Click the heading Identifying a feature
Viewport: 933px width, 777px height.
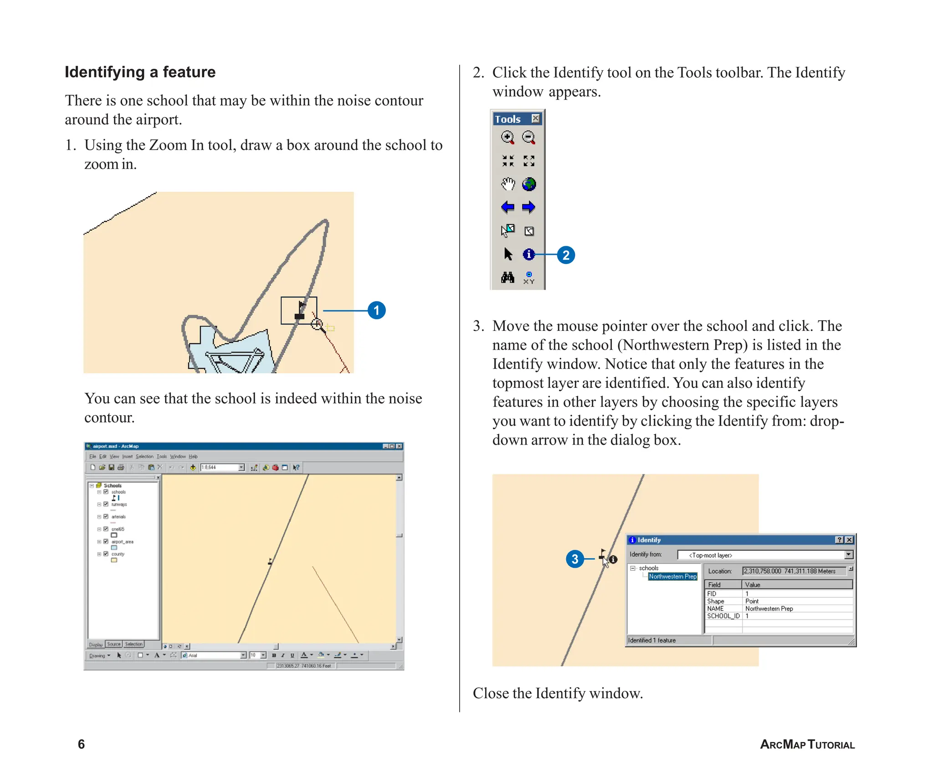click(140, 72)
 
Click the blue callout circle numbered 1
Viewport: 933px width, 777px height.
click(376, 310)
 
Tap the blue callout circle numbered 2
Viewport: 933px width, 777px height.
click(566, 255)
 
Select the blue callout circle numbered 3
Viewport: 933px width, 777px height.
click(575, 559)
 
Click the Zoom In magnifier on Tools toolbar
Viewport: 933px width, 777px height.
click(508, 137)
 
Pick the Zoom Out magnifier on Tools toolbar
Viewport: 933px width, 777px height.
click(528, 137)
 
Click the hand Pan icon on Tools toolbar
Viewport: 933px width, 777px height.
click(508, 184)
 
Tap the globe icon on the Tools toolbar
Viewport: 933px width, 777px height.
click(529, 184)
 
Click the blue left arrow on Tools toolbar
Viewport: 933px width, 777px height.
click(508, 208)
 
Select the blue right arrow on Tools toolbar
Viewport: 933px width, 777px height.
click(528, 208)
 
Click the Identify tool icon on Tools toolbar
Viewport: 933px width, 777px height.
click(528, 254)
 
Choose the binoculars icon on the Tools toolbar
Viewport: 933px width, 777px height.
click(508, 277)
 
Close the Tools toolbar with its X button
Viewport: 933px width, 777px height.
click(536, 119)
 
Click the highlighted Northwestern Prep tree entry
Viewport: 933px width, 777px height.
click(672, 576)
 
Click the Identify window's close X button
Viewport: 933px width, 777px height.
click(849, 540)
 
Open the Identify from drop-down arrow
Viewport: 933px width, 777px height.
click(849, 555)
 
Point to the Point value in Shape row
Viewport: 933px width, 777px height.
click(752, 601)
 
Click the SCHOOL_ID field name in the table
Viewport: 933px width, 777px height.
click(723, 616)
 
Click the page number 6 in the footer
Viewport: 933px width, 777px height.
click(81, 744)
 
